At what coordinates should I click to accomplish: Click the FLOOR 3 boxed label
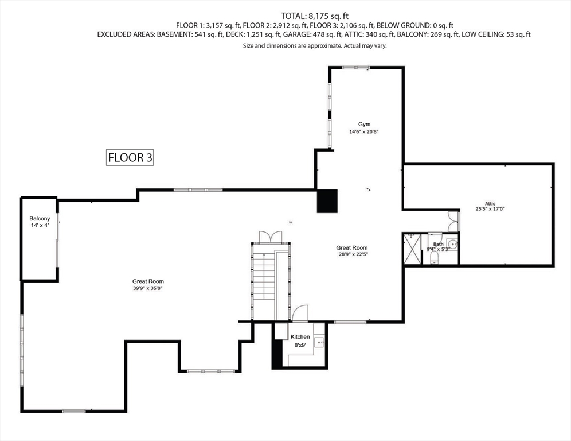coord(130,157)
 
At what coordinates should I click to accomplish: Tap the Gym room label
coord(364,124)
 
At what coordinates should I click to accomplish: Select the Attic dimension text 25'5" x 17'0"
coord(490,209)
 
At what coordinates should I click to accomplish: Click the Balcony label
coord(40,219)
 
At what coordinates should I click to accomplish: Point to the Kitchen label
coord(300,337)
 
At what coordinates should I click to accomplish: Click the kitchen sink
coord(320,343)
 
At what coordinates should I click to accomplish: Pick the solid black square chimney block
coord(328,201)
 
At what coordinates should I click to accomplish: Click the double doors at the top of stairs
coord(271,237)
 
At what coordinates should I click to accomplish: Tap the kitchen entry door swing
coord(300,314)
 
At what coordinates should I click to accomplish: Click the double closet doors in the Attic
coord(453,218)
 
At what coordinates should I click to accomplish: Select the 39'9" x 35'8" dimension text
coord(144,289)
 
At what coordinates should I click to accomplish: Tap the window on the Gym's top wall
coord(355,68)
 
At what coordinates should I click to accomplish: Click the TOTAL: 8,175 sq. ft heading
coord(314,16)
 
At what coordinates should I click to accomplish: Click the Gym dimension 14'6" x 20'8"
coord(364,131)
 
